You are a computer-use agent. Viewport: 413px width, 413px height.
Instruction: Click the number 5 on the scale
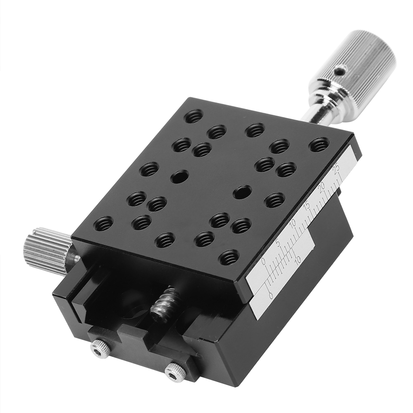tap(278, 243)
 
